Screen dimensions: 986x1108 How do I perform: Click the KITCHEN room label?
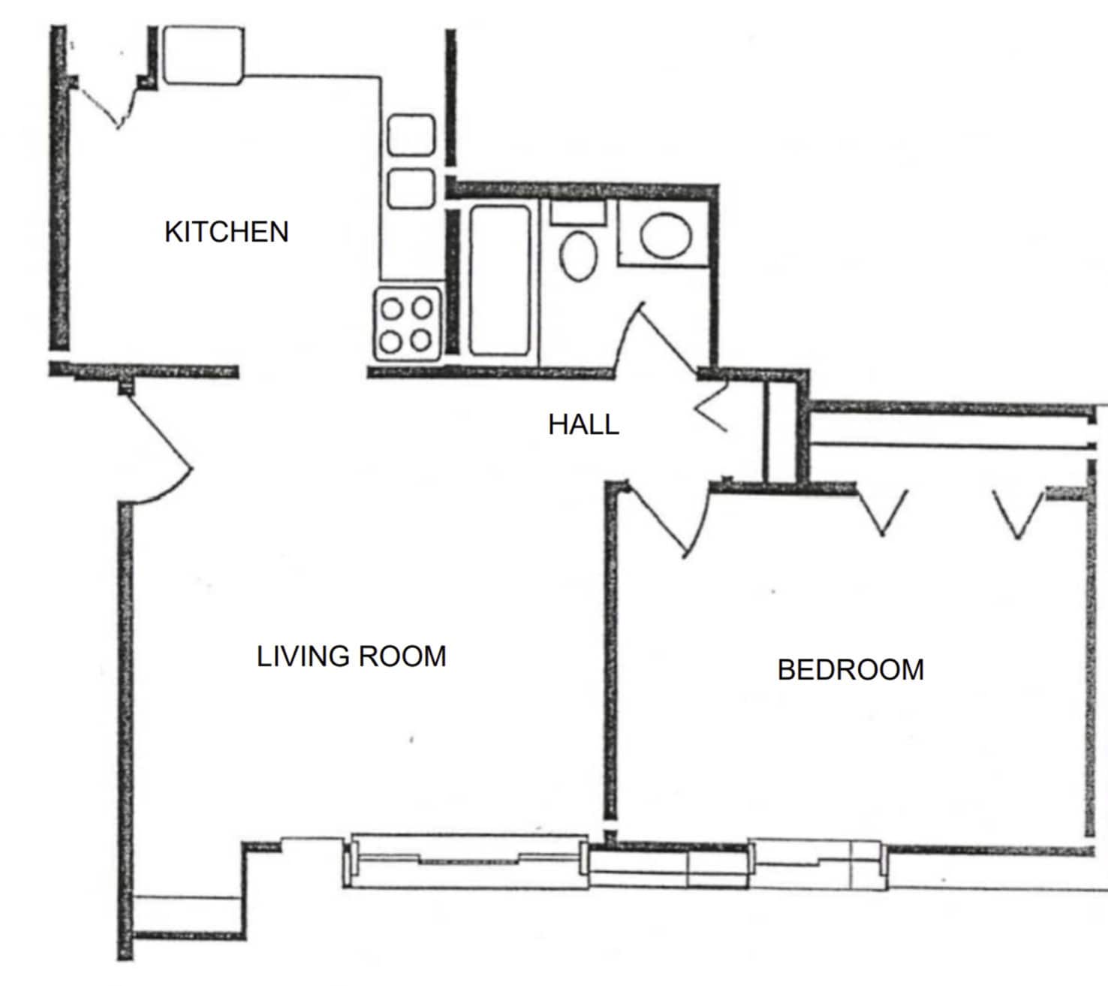pos(226,231)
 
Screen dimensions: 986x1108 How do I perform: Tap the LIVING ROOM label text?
pos(351,656)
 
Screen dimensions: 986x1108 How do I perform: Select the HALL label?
pos(583,424)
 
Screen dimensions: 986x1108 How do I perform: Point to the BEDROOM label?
pos(851,669)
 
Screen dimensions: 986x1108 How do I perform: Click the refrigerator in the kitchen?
pos(203,55)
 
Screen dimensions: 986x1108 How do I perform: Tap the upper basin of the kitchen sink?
pos(411,135)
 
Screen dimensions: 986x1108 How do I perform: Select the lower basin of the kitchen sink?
pos(411,188)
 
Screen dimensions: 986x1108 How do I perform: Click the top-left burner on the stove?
pos(392,308)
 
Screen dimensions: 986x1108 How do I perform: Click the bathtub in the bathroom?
pos(500,279)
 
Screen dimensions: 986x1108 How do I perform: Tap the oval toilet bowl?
pos(579,255)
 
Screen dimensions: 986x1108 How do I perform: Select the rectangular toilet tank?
pos(578,212)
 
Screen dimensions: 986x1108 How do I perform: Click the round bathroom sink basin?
pos(665,236)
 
